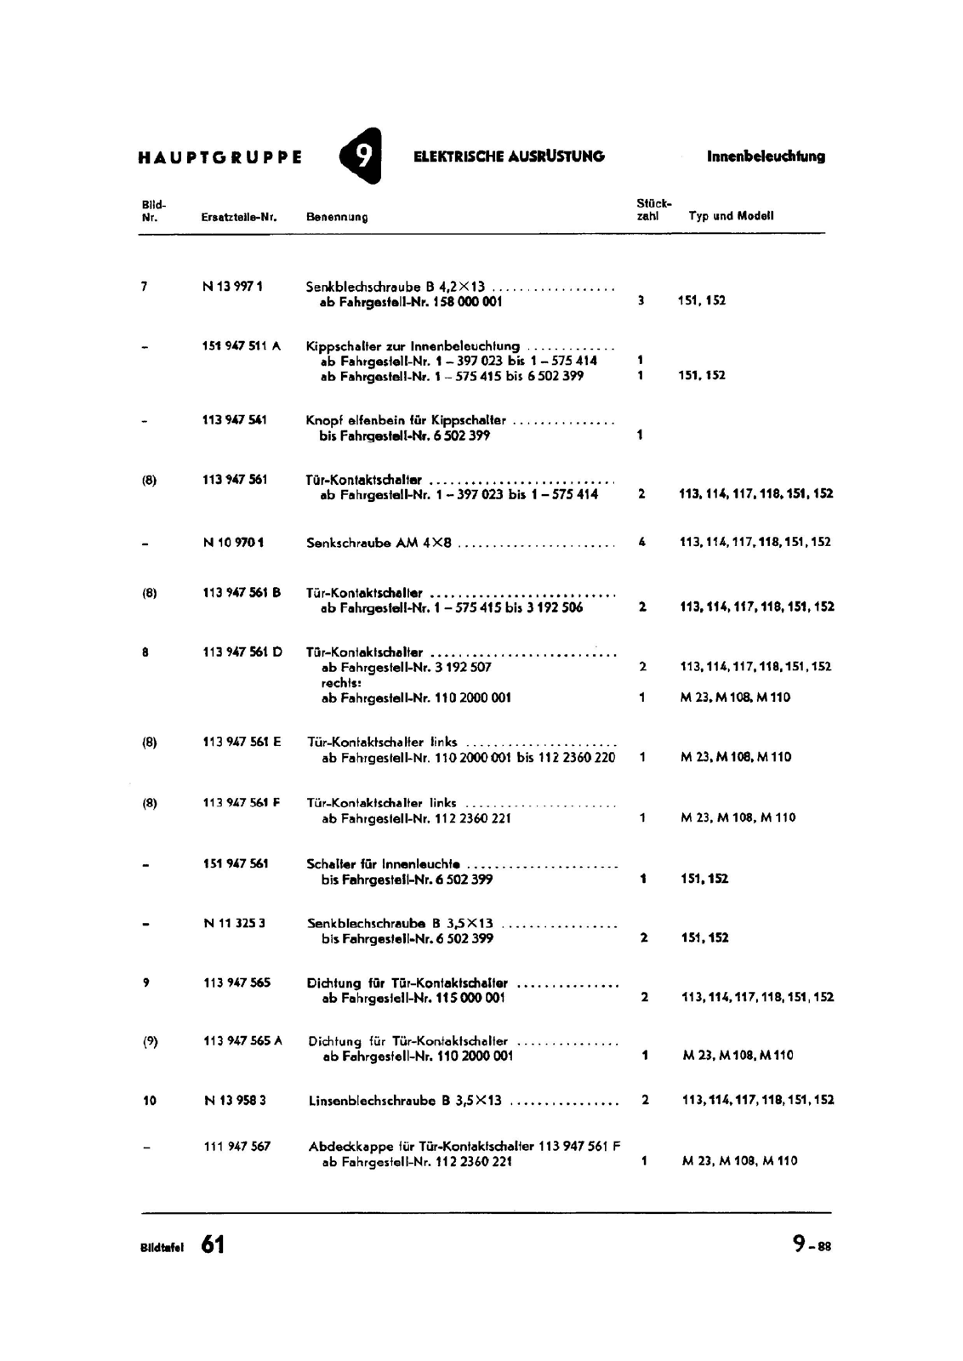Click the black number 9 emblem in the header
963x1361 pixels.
point(361,156)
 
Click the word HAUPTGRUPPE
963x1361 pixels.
point(219,157)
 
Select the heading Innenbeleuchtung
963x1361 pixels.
point(766,157)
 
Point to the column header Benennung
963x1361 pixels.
point(337,217)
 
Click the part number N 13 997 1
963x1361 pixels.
point(232,287)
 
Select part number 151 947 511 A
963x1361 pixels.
point(242,346)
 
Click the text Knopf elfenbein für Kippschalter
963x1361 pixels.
point(406,420)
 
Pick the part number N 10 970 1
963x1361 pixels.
point(233,542)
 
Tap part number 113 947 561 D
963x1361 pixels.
point(242,652)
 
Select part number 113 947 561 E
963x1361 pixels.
point(242,742)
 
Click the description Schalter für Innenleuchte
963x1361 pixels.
point(384,864)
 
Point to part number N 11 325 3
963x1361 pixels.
point(235,923)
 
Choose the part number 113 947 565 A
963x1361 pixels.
point(242,1040)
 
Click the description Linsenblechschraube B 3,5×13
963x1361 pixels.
point(405,1101)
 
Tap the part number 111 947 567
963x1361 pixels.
point(237,1147)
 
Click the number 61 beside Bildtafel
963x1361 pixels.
point(214,1244)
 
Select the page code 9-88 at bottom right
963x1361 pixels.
point(812,1244)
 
